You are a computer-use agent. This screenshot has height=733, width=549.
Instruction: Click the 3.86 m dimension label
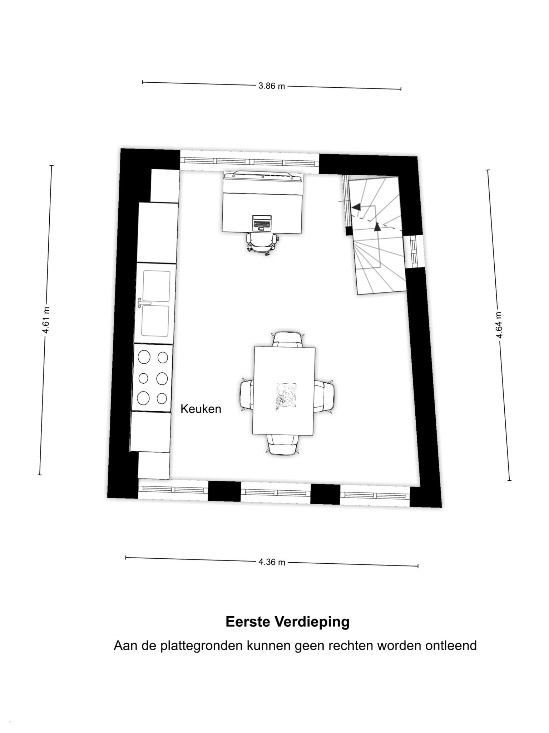click(x=272, y=86)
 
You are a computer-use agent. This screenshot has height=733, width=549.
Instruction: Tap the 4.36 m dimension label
click(x=272, y=562)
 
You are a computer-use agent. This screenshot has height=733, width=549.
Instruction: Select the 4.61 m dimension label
click(x=46, y=320)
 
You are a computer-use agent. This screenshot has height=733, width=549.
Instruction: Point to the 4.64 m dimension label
click(x=499, y=325)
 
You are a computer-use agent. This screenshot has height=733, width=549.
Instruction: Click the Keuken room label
click(x=201, y=409)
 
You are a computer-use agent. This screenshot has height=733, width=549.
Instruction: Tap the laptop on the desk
click(x=262, y=223)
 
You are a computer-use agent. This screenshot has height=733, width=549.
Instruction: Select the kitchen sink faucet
click(x=144, y=303)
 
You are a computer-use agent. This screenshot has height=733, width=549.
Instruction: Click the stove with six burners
click(x=153, y=378)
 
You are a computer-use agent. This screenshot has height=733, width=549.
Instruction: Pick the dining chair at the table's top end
click(x=288, y=339)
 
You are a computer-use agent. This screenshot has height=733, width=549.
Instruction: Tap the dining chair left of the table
click(x=247, y=394)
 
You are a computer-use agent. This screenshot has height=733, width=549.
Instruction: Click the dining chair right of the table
click(x=324, y=397)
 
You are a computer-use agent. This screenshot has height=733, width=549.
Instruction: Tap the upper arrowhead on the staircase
click(x=356, y=207)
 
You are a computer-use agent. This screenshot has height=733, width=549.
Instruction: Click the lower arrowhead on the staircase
click(x=377, y=226)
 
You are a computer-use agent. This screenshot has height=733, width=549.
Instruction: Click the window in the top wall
click(x=249, y=162)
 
